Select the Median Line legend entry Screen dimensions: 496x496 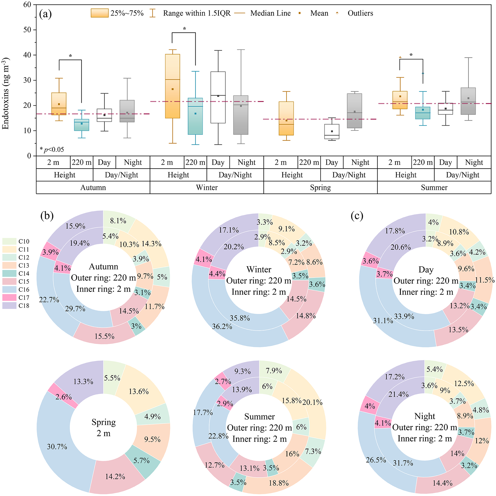pos(270,13)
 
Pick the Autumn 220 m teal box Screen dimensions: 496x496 pos(82,125)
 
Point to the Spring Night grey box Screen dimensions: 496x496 pos(354,111)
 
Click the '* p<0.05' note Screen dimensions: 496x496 pos(52,150)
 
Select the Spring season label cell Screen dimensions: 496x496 pos(320,188)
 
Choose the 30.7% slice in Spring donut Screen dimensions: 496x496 pos(57,447)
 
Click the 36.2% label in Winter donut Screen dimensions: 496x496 pos(222,327)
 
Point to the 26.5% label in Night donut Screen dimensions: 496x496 pos(376,460)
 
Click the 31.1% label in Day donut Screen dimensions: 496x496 pos(383,320)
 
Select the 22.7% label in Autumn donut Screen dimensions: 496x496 pos(49,300)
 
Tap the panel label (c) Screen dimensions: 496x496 pos(357,216)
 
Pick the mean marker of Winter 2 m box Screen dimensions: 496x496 pos(173,89)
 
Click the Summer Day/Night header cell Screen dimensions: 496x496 pos(462,175)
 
